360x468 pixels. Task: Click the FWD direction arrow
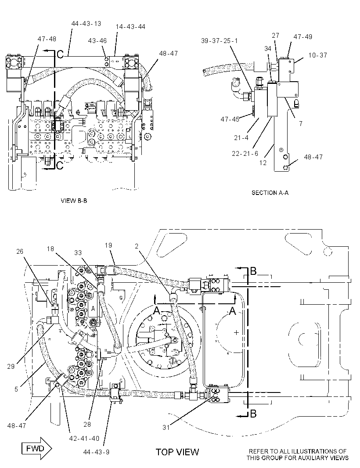[x=37, y=448]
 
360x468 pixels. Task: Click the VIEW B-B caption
[x=74, y=201]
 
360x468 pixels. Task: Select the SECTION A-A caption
[x=270, y=193]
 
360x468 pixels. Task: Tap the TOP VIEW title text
[x=177, y=452]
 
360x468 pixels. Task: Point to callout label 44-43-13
[x=86, y=24]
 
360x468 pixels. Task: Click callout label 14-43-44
[x=130, y=27]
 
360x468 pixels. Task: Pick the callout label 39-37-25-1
[x=220, y=41]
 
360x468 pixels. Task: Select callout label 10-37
[x=317, y=55]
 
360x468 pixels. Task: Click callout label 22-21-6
[x=245, y=153]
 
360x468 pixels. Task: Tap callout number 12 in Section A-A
[x=263, y=163]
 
